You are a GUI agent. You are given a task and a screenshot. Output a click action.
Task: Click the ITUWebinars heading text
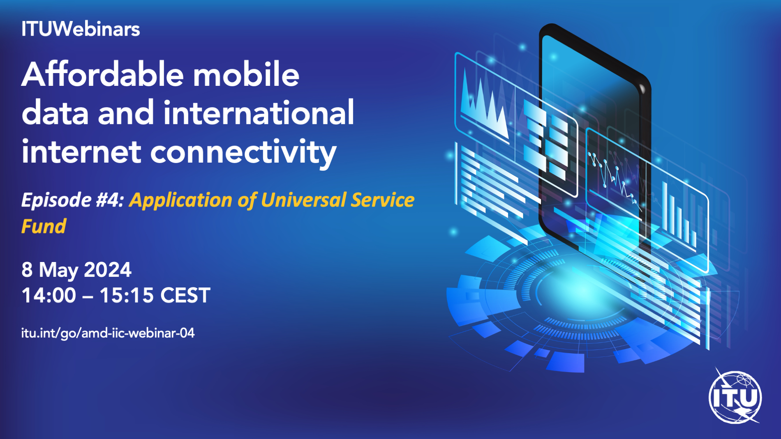(x=81, y=29)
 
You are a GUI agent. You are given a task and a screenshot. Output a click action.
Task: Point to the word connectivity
(x=243, y=152)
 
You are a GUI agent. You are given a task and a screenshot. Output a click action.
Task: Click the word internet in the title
(x=81, y=151)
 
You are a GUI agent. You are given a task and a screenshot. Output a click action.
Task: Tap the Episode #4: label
(x=72, y=200)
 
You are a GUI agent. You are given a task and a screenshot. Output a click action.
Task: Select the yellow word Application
(x=181, y=201)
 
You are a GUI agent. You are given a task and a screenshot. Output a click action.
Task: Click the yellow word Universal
(x=303, y=200)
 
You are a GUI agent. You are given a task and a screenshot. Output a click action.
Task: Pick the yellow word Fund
(x=44, y=226)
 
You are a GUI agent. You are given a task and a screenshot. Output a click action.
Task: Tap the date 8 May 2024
(x=76, y=270)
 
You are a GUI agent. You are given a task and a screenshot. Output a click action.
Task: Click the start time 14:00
(x=49, y=295)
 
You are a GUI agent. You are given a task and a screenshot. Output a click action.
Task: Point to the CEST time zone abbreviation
(x=185, y=295)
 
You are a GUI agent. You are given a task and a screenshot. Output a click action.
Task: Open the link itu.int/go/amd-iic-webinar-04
(x=108, y=333)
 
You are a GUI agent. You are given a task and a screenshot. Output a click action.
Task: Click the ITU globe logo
(x=735, y=396)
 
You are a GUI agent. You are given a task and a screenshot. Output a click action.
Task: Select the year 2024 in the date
(x=108, y=270)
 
